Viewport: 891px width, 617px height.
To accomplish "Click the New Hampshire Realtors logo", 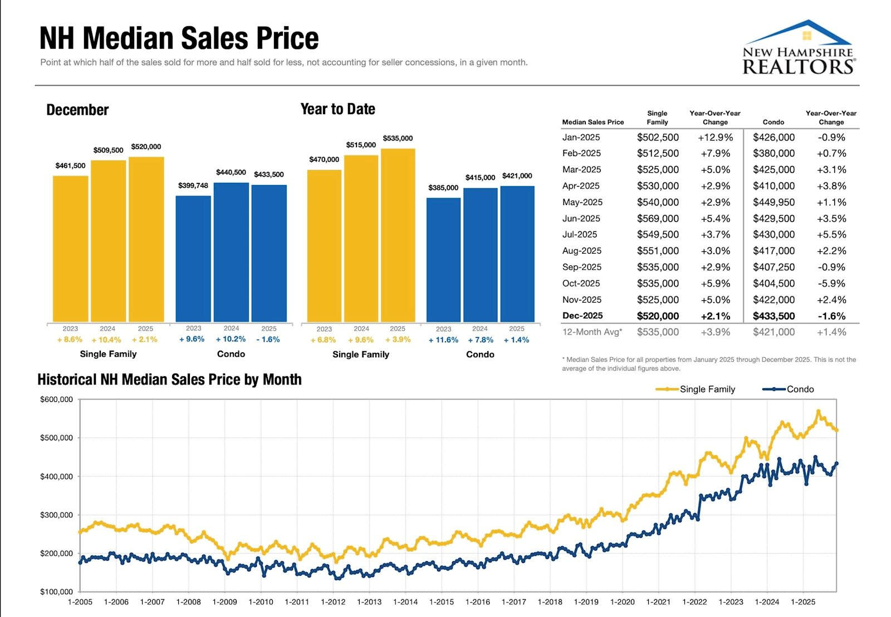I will (799, 48).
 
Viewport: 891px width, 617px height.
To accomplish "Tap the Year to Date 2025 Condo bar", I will (517, 254).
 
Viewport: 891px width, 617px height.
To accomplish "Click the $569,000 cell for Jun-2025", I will (658, 218).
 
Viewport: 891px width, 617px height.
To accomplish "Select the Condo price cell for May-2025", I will (773, 202).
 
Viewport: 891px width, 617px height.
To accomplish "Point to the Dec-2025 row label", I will (582, 315).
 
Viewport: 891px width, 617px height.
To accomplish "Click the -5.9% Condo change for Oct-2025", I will (831, 283).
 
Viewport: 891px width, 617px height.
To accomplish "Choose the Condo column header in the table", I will (773, 122).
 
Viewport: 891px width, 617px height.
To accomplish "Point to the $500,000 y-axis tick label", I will (56, 438).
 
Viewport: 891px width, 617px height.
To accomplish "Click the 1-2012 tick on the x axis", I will (333, 602).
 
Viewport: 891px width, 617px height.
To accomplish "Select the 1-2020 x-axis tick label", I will (622, 602).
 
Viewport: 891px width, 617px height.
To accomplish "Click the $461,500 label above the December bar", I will (70, 166).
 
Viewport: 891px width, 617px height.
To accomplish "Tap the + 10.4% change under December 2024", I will (106, 339).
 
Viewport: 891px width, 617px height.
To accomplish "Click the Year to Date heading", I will (337, 109).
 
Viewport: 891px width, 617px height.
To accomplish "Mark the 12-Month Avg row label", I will (592, 332).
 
